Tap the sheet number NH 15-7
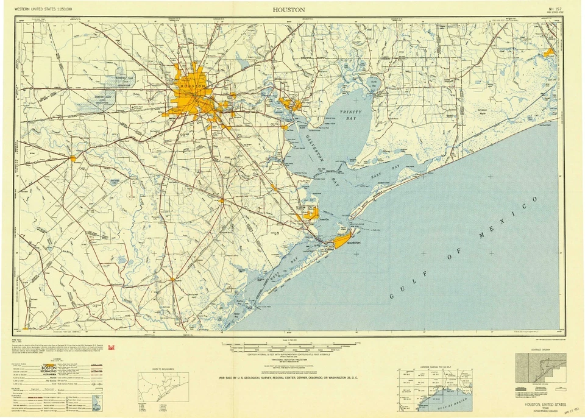click(555, 9)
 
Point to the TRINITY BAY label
click(350, 115)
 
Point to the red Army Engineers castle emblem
click(110, 347)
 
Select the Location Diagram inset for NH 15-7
click(433, 390)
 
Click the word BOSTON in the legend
click(49, 368)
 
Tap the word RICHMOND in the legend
click(49, 372)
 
